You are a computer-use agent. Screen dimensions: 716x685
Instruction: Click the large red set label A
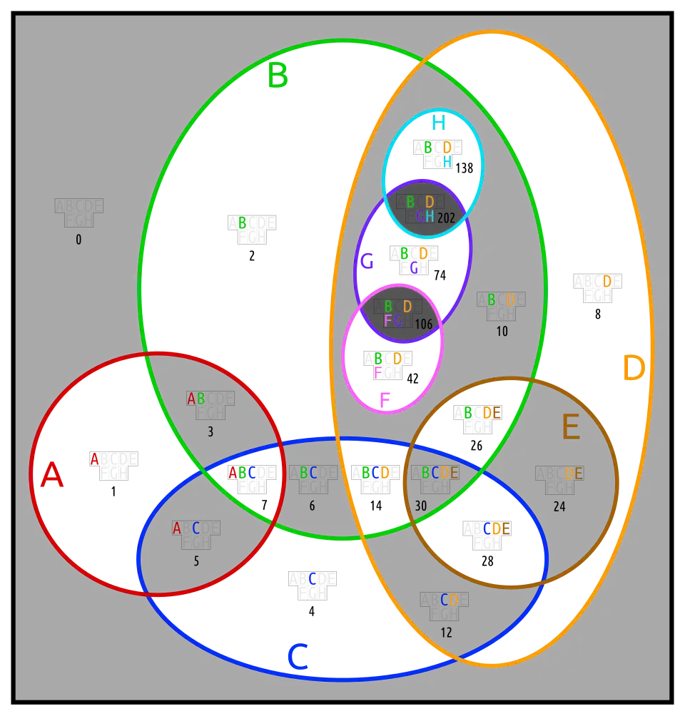click(52, 475)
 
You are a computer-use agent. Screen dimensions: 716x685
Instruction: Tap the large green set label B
click(278, 76)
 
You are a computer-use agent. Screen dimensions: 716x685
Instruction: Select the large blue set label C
click(297, 657)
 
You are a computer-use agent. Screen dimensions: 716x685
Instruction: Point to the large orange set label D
click(633, 369)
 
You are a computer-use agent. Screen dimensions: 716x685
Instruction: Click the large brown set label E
click(570, 428)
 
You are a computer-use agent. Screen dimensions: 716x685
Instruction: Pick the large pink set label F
click(384, 400)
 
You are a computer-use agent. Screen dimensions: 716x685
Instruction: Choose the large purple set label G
click(367, 262)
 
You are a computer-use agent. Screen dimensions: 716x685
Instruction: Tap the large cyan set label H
click(437, 123)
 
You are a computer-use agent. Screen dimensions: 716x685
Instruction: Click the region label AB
click(196, 399)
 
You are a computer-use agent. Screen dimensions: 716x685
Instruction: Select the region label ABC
click(242, 472)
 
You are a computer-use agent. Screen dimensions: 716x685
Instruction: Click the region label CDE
click(497, 528)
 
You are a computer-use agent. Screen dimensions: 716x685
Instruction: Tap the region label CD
click(449, 600)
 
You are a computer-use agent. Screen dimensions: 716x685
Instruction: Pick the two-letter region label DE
click(574, 474)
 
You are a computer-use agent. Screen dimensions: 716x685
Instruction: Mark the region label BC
click(308, 473)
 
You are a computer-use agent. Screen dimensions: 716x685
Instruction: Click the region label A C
click(186, 528)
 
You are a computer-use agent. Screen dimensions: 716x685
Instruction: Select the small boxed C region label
click(313, 579)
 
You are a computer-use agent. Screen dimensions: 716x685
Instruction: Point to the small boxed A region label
click(94, 459)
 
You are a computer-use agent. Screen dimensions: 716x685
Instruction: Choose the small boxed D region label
click(607, 282)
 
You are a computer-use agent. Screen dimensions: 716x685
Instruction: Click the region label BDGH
click(420, 209)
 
